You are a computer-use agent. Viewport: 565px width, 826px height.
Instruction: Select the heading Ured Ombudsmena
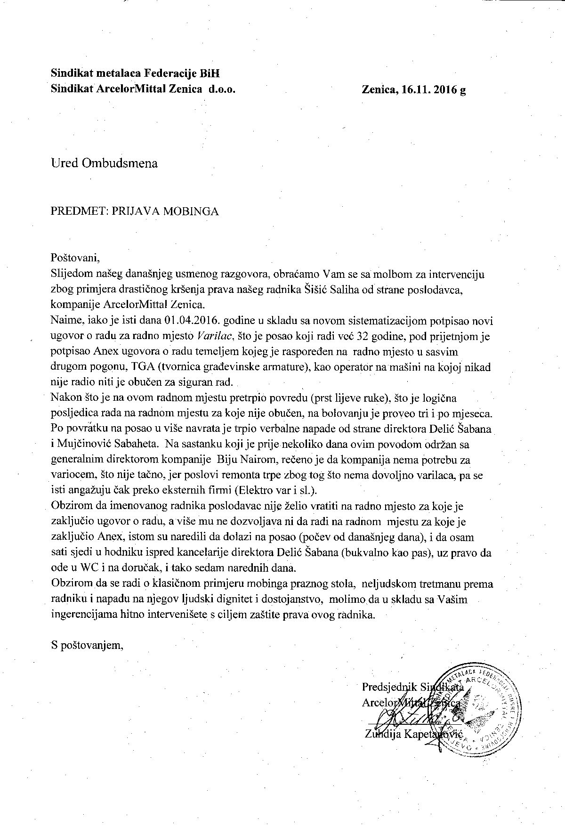coord(104,163)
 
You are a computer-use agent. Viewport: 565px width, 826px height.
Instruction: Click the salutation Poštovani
coord(76,258)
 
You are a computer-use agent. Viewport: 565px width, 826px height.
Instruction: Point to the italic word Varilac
coord(214,336)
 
